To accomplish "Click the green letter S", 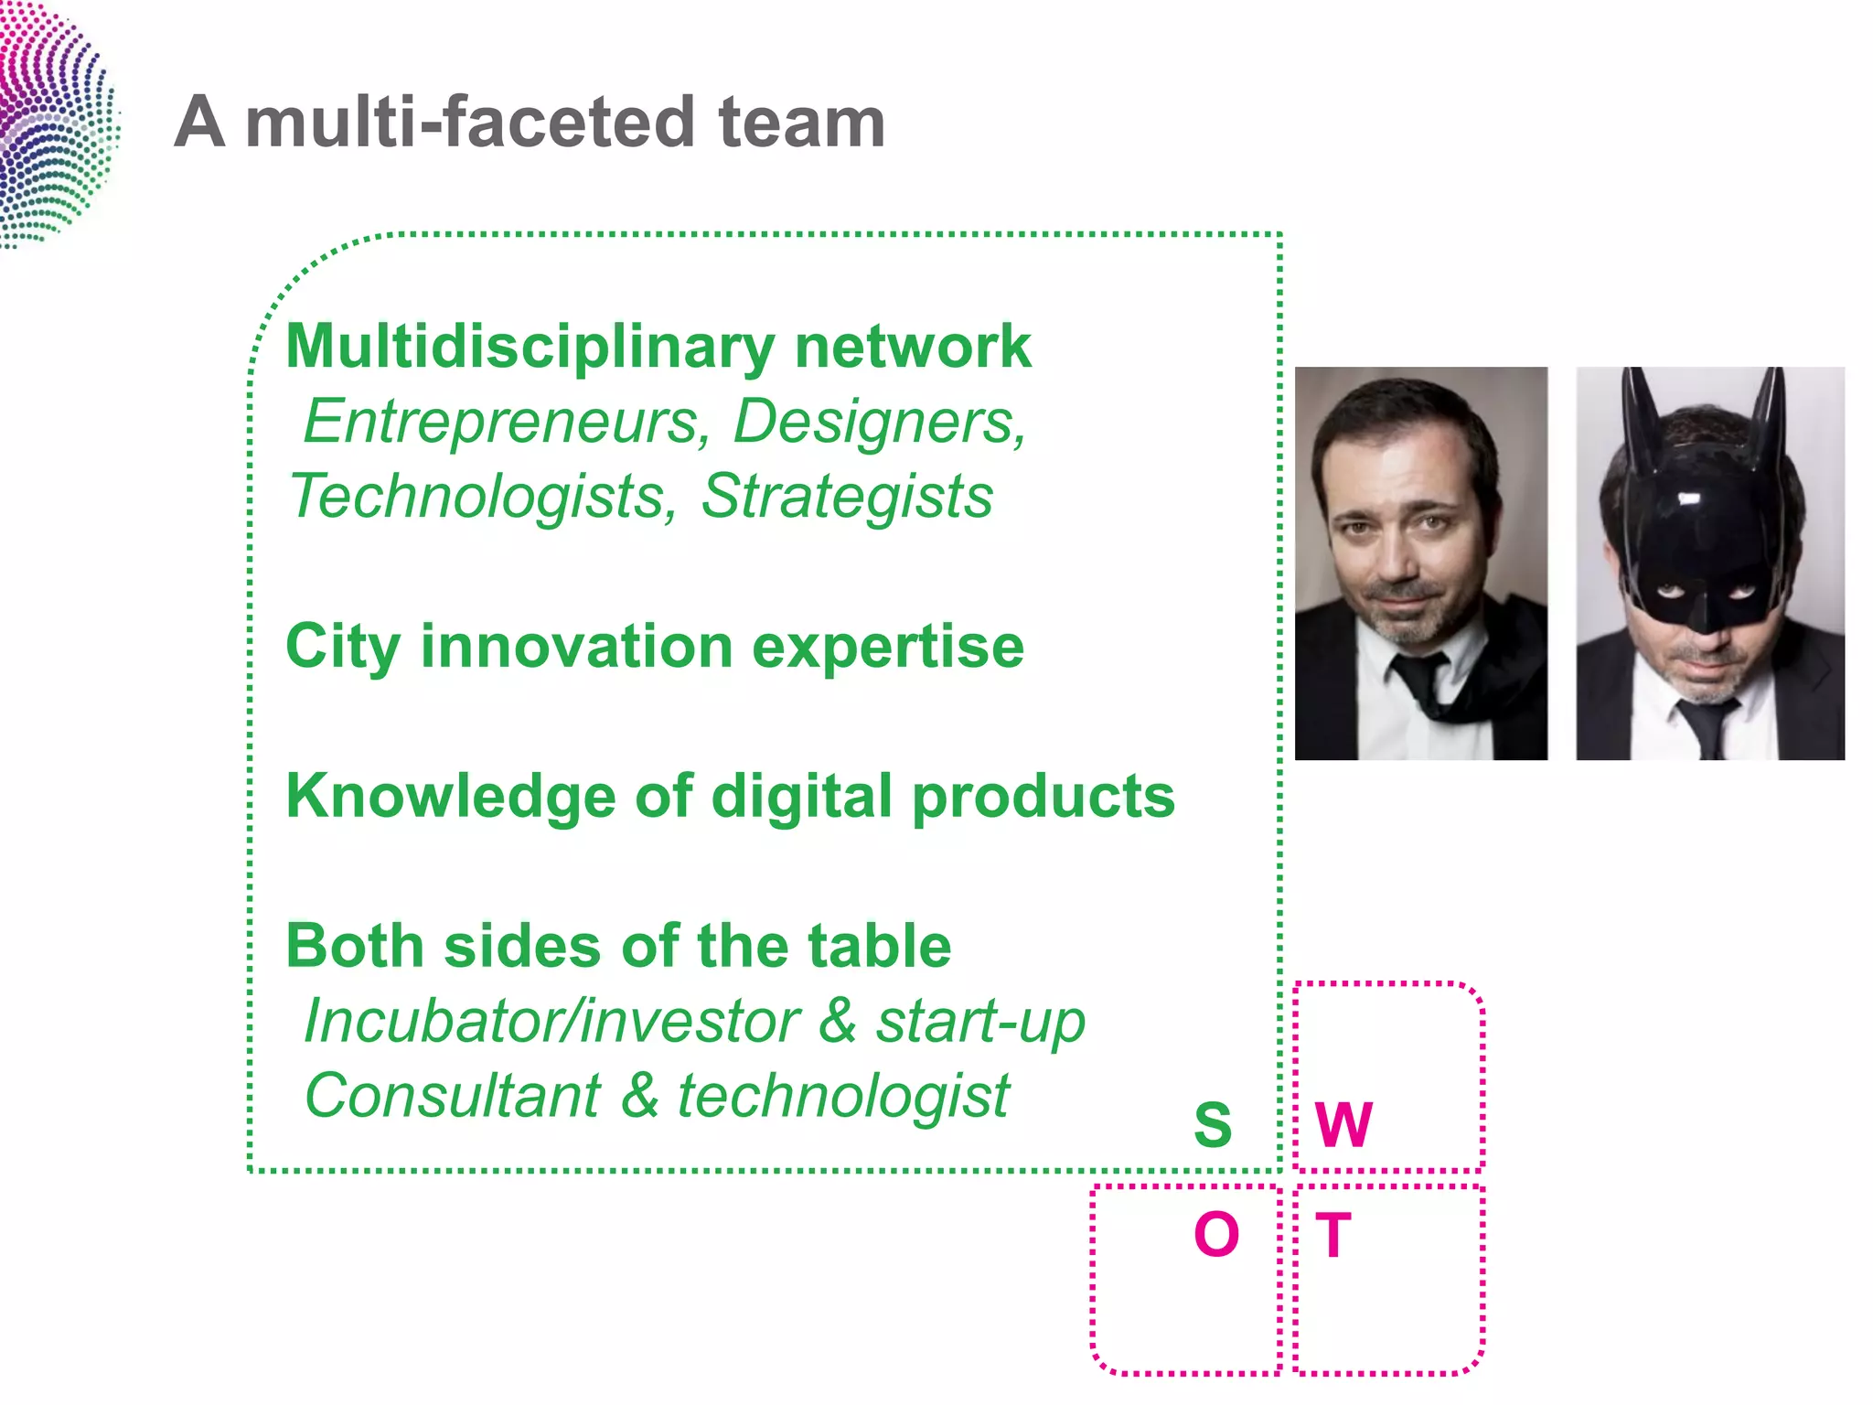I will [1213, 1124].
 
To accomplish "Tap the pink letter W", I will [1343, 1124].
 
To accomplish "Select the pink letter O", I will [1216, 1234].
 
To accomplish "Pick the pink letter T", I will [1333, 1235].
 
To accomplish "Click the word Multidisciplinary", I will [530, 348].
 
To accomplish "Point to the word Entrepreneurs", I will [507, 422].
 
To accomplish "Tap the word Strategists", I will [847, 497].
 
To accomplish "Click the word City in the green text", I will [342, 648].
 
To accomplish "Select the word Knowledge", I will [451, 796].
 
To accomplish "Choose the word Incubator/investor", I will [551, 1021].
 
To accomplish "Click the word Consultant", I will [453, 1096].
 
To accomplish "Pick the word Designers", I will [880, 422].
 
